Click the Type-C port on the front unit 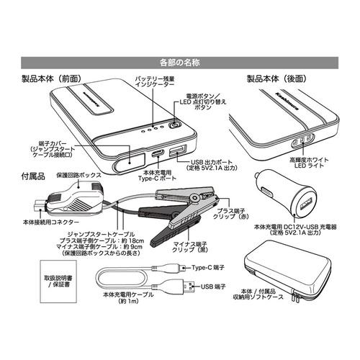click(x=156, y=154)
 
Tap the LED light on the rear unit click(x=303, y=139)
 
